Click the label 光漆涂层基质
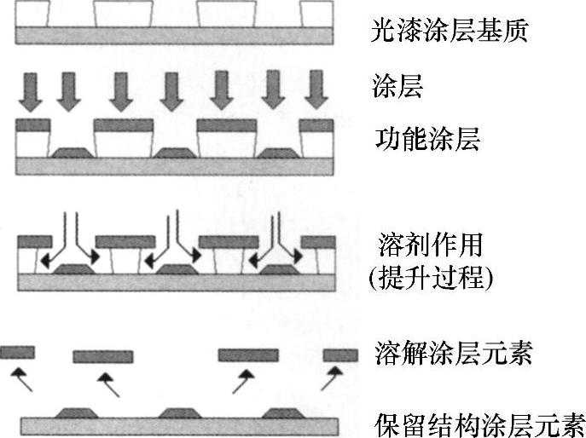(451, 32)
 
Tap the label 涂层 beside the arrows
(398, 85)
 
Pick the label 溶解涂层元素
(453, 353)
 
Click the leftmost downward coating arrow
(28, 91)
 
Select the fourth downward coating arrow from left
(172, 91)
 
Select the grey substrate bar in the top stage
(175, 35)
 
